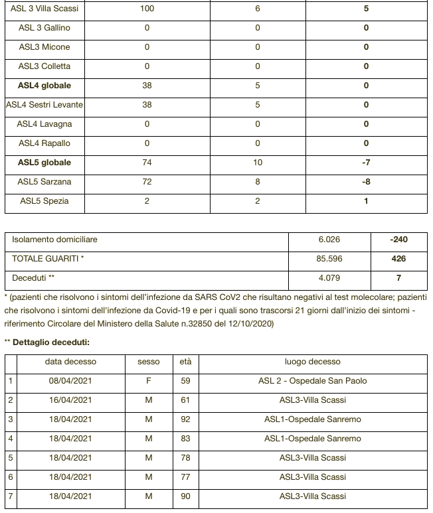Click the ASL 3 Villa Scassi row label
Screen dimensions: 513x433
click(x=44, y=9)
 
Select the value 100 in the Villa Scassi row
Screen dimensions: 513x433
click(x=147, y=9)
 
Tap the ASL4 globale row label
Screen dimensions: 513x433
click(x=44, y=86)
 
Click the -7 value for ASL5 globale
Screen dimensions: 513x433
click(x=366, y=163)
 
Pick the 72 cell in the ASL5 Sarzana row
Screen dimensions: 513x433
click(x=147, y=182)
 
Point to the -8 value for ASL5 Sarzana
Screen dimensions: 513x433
click(x=366, y=182)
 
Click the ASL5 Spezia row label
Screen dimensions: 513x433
click(x=44, y=201)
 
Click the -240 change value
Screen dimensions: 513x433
click(x=399, y=240)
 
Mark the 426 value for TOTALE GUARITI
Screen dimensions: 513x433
click(x=399, y=259)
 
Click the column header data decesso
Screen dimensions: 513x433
click(x=70, y=362)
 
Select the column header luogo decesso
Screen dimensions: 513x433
click(x=312, y=362)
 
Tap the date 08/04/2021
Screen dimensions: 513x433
click(x=70, y=381)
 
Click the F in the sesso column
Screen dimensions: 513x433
click(x=149, y=381)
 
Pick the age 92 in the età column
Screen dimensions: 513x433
click(x=185, y=419)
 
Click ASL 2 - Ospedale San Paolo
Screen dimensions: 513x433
click(x=312, y=381)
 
